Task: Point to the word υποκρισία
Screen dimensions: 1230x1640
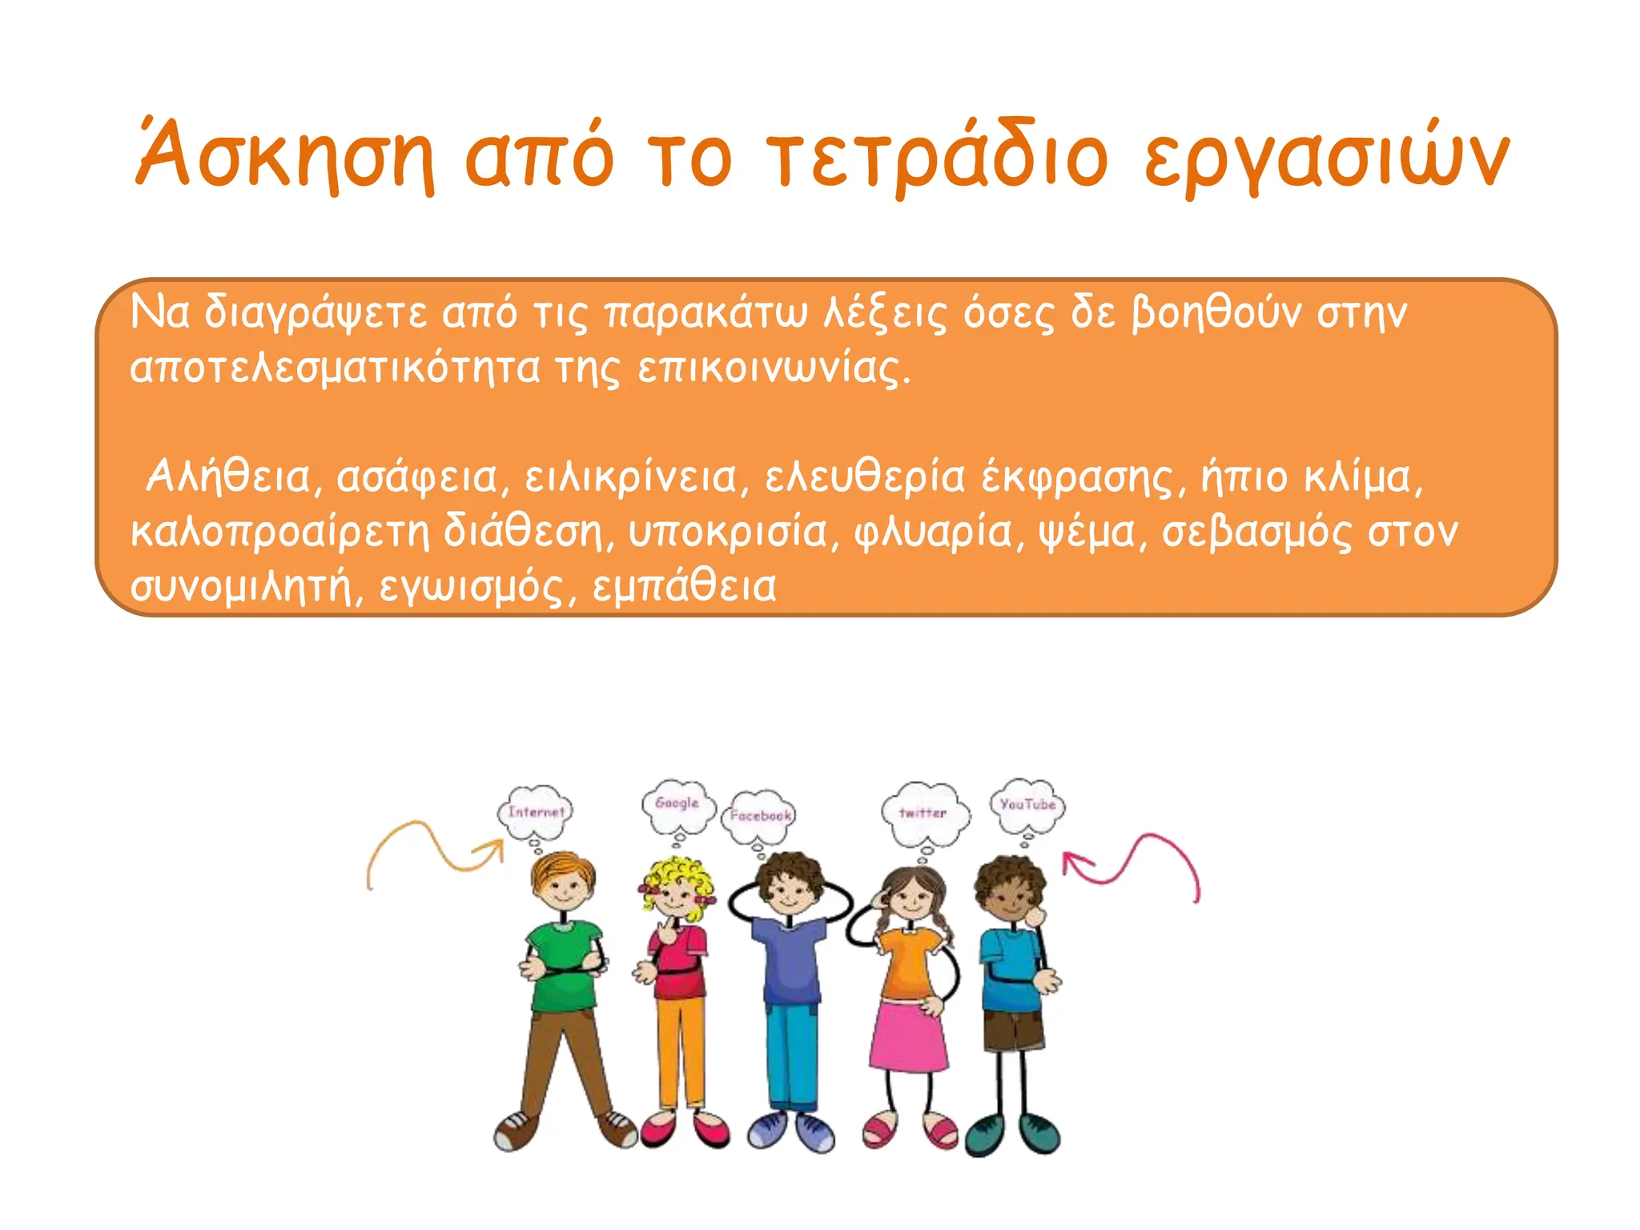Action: pyautogui.click(x=727, y=533)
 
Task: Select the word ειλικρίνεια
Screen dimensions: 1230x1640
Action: pyautogui.click(x=629, y=477)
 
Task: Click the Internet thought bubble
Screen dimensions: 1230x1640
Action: pyautogui.click(x=536, y=812)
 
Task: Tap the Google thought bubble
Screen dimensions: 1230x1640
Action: pyautogui.click(x=677, y=804)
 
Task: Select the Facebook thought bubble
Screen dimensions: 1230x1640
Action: pyautogui.click(x=760, y=816)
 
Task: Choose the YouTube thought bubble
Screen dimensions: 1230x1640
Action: pyautogui.click(x=1027, y=804)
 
